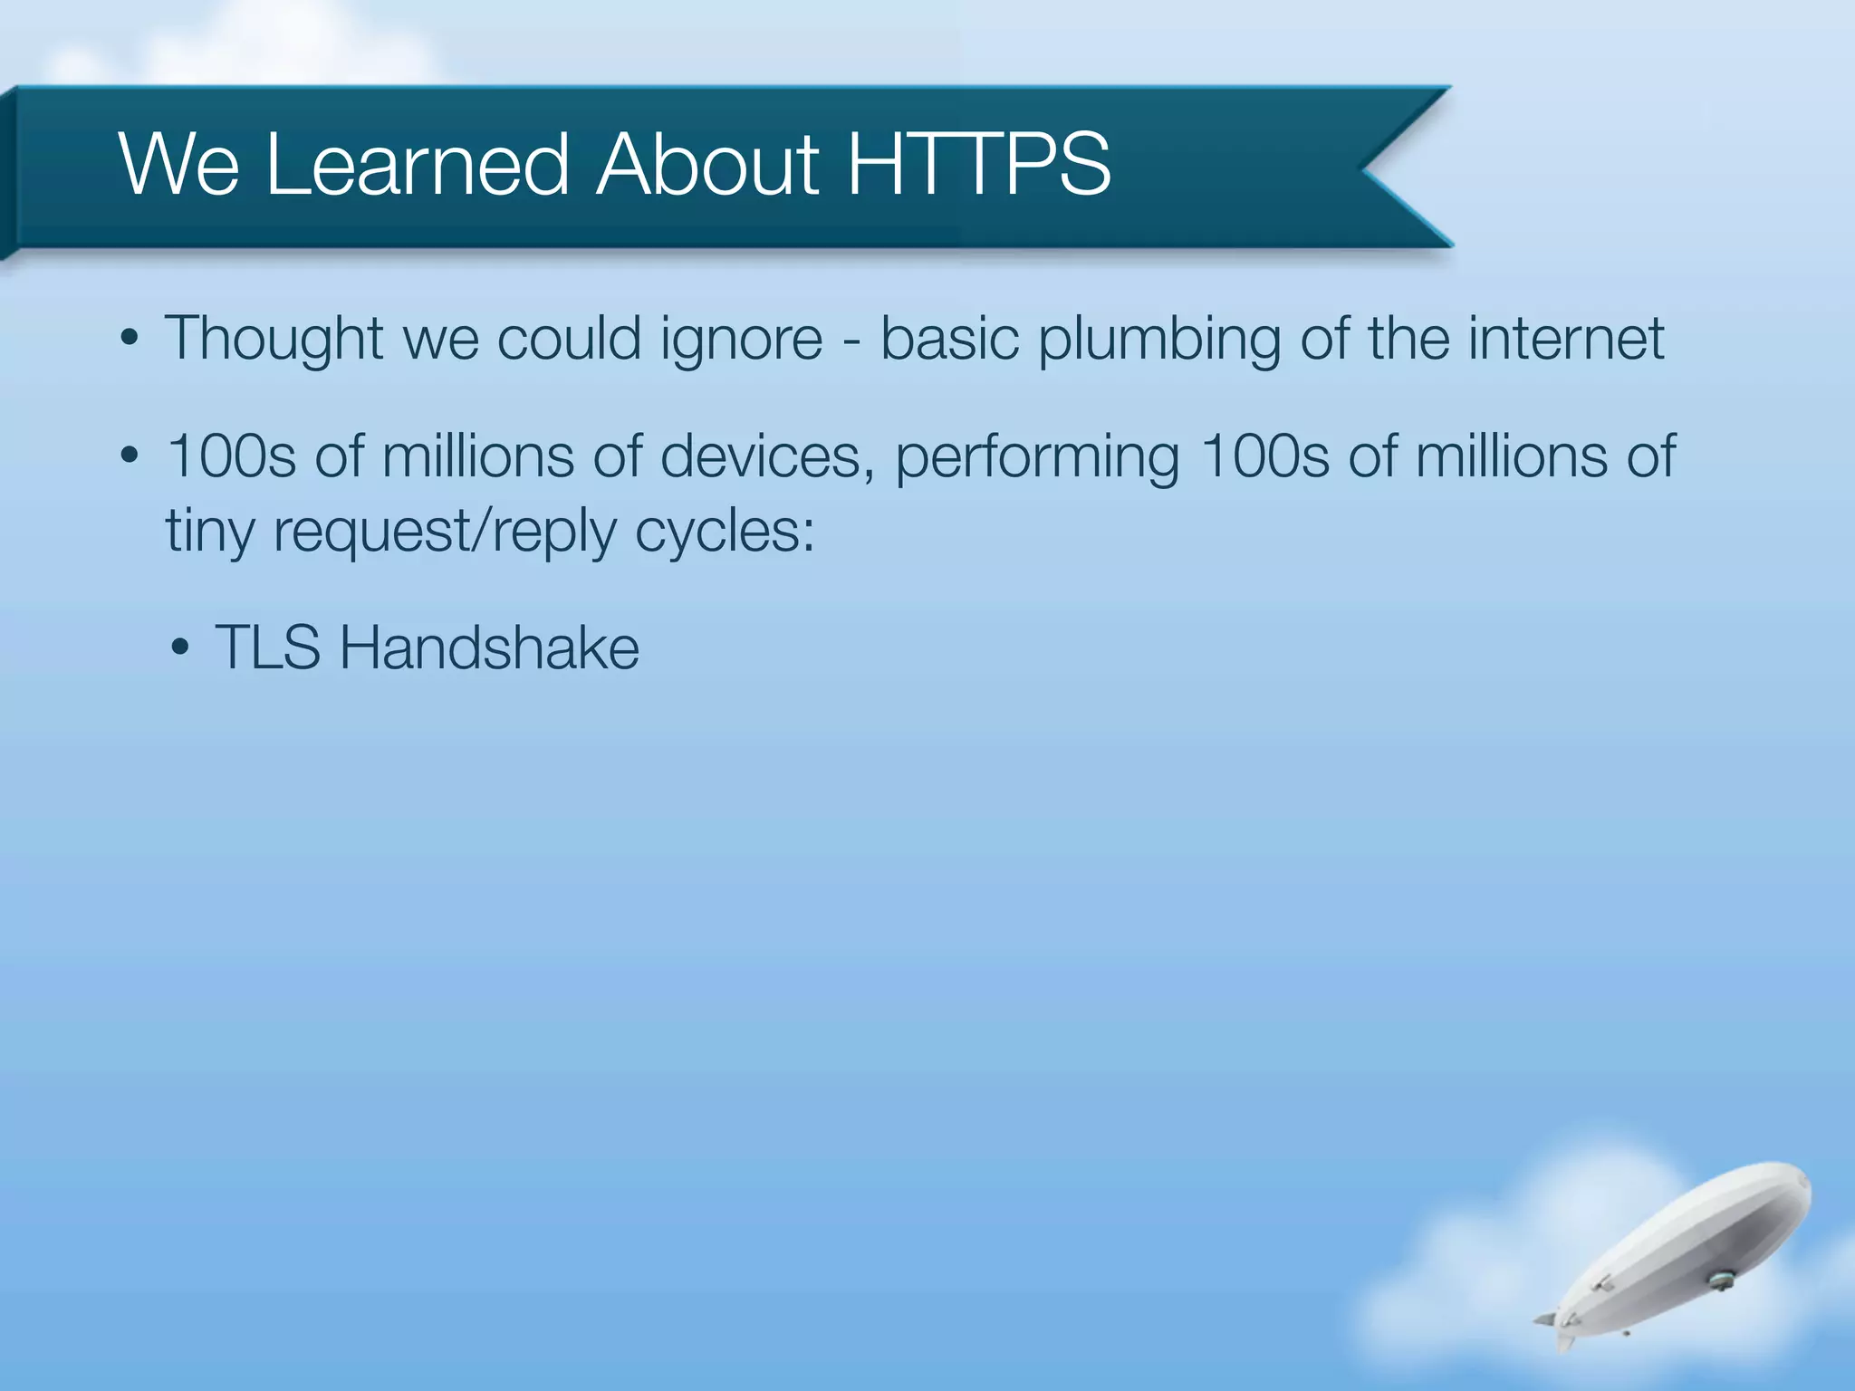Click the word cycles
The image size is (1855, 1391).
pyautogui.click(x=724, y=532)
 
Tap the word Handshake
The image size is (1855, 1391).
pyautogui.click(x=489, y=648)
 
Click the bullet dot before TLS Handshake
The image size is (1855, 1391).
pyautogui.click(x=180, y=648)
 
